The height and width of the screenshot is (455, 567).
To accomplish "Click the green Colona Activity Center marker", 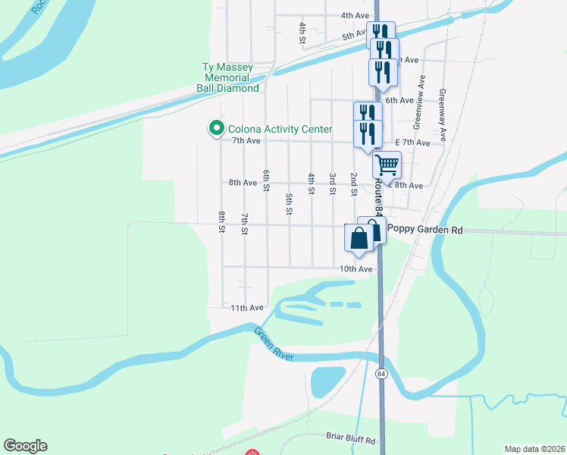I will (x=216, y=129).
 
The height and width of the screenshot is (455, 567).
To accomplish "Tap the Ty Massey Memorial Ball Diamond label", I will (x=227, y=77).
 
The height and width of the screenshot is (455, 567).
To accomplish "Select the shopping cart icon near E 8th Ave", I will (x=387, y=164).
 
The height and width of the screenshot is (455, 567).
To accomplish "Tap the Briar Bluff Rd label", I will (x=350, y=440).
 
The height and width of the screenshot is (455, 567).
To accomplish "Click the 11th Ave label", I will (x=247, y=308).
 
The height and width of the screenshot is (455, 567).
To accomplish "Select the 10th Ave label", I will (x=356, y=269).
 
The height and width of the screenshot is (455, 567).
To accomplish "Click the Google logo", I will (x=25, y=446).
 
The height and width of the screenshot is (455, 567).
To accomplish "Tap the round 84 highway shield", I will (x=381, y=374).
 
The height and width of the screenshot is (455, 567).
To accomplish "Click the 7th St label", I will (x=244, y=224).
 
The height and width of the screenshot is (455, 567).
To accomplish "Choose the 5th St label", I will (x=289, y=203).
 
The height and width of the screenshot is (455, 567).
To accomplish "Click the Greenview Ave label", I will (x=417, y=110).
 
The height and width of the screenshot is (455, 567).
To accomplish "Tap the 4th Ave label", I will (x=355, y=15).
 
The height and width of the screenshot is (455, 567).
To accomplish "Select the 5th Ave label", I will (x=354, y=36).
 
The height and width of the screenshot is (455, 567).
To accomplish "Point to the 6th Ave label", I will (x=399, y=100).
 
